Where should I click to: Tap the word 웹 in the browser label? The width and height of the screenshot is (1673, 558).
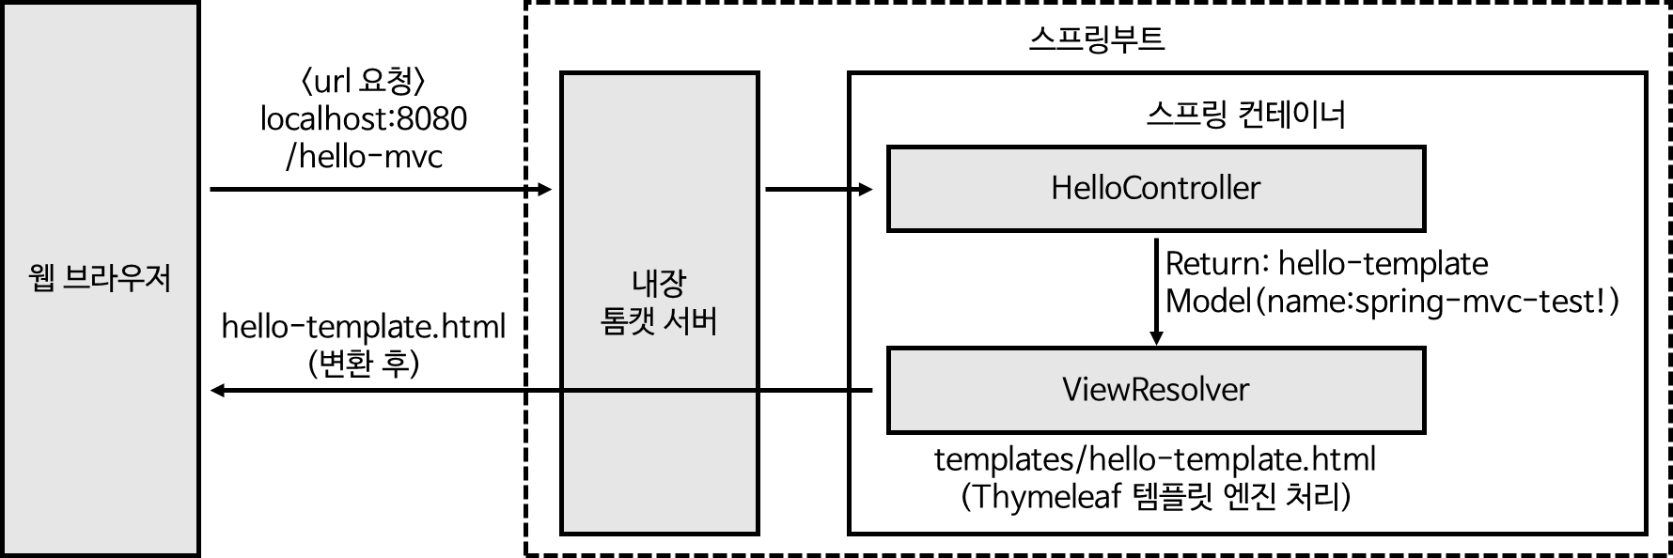pyautogui.click(x=42, y=279)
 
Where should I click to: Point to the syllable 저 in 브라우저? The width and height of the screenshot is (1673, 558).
pyautogui.click(x=158, y=279)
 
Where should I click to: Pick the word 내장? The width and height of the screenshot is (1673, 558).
pyautogui.click(x=659, y=283)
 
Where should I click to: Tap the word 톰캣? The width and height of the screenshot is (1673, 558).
pyautogui.click(x=628, y=322)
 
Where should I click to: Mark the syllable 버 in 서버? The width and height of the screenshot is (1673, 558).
pyautogui.click(x=704, y=322)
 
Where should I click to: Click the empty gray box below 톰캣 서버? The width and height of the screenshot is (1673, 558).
pyautogui.click(x=659, y=462)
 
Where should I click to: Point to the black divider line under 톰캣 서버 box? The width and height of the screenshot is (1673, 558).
pyautogui.click(x=659, y=390)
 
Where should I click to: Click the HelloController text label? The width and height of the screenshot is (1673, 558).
pyautogui.click(x=1155, y=189)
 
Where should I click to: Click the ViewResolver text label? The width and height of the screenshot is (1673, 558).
pyautogui.click(x=1155, y=390)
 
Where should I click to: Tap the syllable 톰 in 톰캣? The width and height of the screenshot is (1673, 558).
pyautogui.click(x=614, y=322)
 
